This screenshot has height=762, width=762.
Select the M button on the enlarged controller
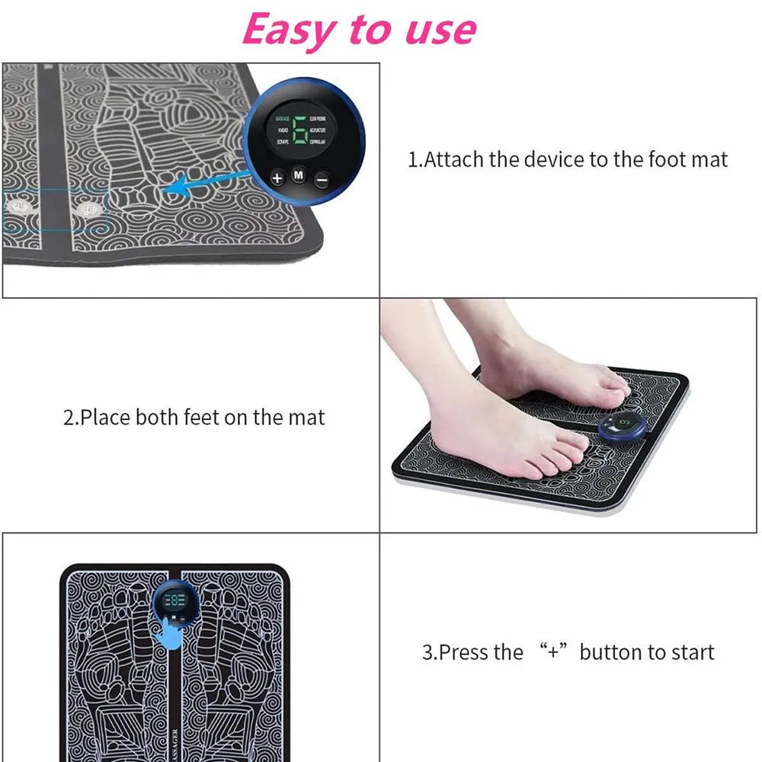299,177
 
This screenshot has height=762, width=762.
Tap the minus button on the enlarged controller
322,180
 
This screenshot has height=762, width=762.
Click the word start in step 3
690,652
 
